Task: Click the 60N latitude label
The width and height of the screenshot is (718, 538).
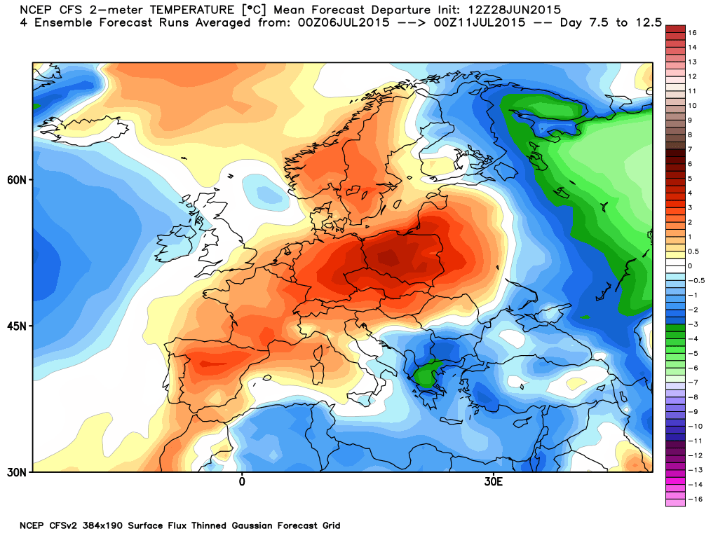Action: (17, 180)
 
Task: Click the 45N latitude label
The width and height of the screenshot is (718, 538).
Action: (17, 326)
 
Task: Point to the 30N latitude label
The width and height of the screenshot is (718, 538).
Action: (17, 472)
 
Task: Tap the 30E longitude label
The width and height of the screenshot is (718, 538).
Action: (493, 482)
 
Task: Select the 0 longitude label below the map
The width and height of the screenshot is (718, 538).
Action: (242, 482)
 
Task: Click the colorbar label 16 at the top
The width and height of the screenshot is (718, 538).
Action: (692, 32)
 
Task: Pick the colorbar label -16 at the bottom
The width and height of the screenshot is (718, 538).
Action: (695, 499)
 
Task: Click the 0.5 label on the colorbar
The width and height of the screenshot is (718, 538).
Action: (693, 251)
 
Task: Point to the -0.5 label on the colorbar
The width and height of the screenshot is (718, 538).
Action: (696, 280)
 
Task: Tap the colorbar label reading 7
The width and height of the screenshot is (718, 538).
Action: (690, 149)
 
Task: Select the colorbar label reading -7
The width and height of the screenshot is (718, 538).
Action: (693, 382)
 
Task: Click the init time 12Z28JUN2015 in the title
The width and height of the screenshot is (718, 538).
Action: (514, 10)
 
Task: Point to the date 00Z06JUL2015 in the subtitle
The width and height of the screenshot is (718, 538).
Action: (344, 22)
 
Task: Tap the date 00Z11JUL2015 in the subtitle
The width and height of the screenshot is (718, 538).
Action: (480, 22)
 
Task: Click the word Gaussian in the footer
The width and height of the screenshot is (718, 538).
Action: (252, 525)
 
